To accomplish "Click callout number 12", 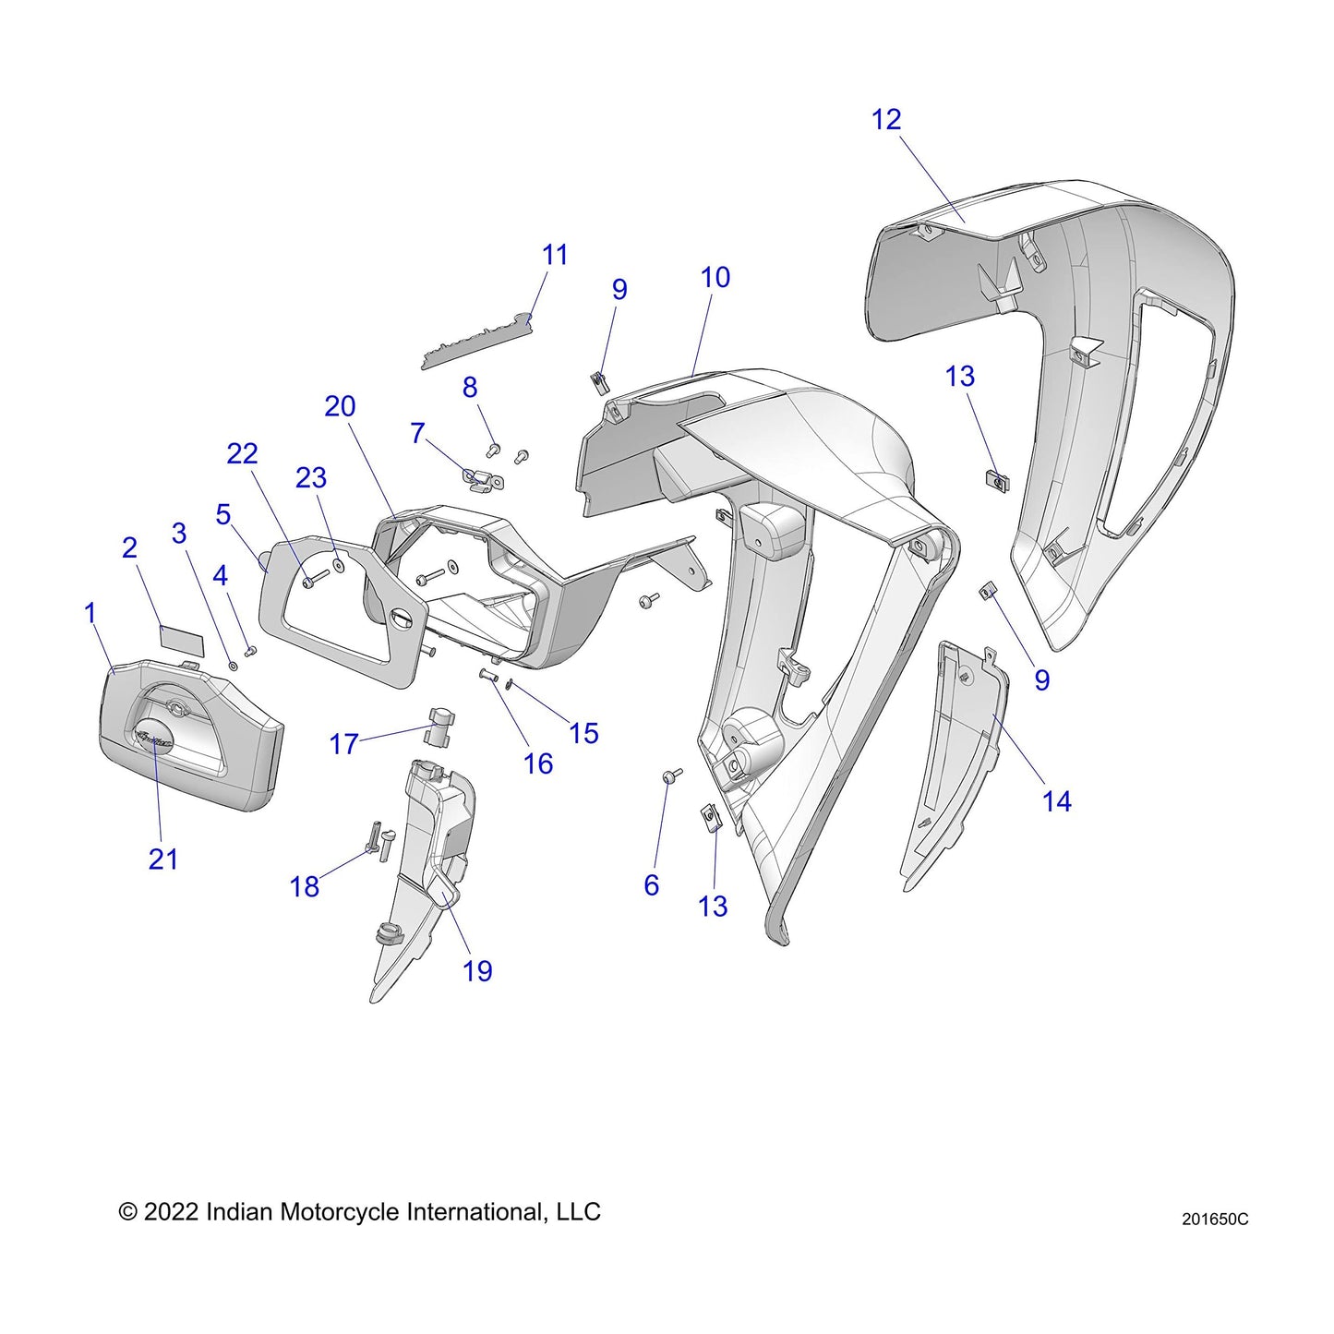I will [885, 120].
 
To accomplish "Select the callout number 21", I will [162, 859].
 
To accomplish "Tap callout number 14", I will [1056, 801].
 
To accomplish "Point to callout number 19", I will [477, 971].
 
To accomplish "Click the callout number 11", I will [555, 255].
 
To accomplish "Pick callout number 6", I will [652, 885].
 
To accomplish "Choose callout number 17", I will [343, 744].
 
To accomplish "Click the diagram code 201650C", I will [1214, 1220].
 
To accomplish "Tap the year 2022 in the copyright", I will [171, 1212].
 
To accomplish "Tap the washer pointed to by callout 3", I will [232, 665].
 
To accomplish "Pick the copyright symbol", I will [128, 1212].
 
